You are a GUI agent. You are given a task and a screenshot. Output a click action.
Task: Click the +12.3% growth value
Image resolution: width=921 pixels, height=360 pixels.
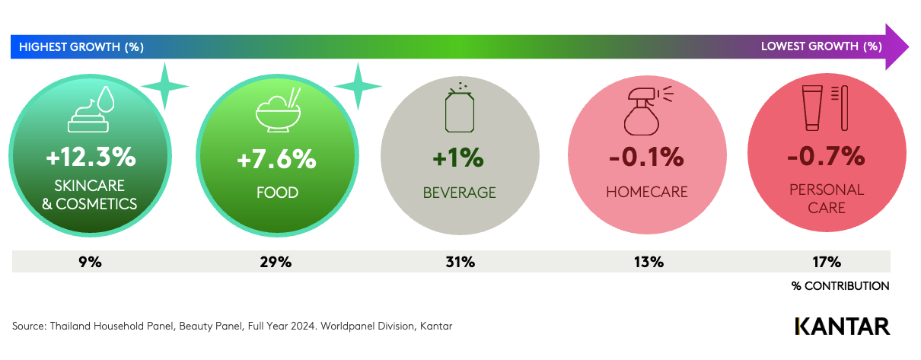coord(90,158)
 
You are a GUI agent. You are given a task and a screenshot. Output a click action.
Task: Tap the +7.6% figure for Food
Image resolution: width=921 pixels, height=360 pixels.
coord(276,159)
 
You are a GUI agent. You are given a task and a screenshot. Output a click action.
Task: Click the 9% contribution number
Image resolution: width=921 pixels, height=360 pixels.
coord(90,262)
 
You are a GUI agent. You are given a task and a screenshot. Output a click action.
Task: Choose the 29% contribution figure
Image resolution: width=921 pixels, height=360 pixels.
coord(276,262)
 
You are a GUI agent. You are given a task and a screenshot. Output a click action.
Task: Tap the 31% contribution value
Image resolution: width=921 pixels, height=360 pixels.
coord(460,262)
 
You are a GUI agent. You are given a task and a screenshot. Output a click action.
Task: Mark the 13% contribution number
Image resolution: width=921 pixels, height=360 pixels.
coord(648,262)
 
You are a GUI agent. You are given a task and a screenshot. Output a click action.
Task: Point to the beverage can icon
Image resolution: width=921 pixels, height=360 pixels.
coord(460,109)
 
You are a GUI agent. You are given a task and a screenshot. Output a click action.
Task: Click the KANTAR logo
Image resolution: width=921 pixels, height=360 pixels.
coord(842,326)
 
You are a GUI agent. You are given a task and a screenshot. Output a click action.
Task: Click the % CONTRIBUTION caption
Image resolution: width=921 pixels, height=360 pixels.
coord(840,286)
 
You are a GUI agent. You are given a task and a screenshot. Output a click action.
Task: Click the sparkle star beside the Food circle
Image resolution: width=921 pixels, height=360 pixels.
coord(358,87)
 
